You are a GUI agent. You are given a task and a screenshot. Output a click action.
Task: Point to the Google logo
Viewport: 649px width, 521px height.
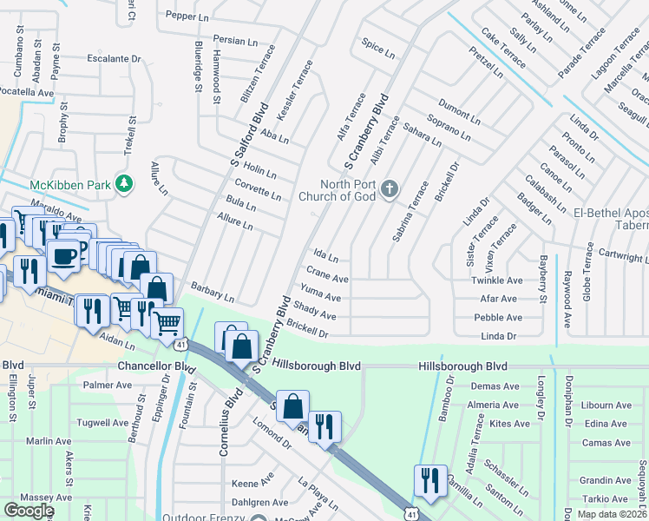29,510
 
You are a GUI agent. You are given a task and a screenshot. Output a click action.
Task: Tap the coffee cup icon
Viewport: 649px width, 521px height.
64,255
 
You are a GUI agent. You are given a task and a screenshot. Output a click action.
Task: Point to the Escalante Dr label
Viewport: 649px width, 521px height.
114,59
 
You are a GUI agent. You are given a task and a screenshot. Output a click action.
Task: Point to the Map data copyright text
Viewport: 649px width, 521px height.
612,513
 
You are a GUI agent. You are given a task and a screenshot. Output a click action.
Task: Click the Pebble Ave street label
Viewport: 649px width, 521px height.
497,319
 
